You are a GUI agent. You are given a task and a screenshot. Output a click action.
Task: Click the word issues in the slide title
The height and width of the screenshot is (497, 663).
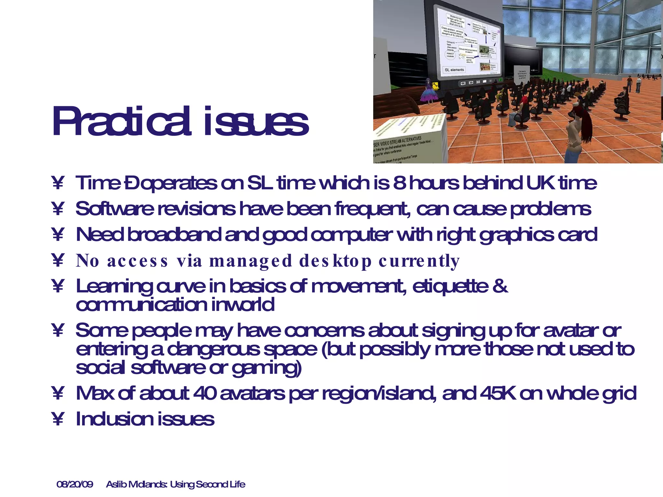[256, 122]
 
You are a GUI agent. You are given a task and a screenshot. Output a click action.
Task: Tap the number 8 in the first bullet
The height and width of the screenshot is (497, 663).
[399, 183]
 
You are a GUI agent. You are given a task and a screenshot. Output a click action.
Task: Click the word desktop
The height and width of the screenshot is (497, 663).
[335, 261]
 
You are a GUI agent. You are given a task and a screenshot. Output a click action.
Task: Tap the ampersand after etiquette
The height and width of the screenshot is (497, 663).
[500, 286]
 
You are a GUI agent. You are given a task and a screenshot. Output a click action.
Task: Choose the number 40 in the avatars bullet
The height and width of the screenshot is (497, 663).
[205, 393]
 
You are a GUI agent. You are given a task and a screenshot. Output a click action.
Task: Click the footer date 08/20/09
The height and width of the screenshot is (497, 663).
[75, 484]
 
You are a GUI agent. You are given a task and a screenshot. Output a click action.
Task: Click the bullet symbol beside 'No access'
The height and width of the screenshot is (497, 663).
[58, 260]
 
